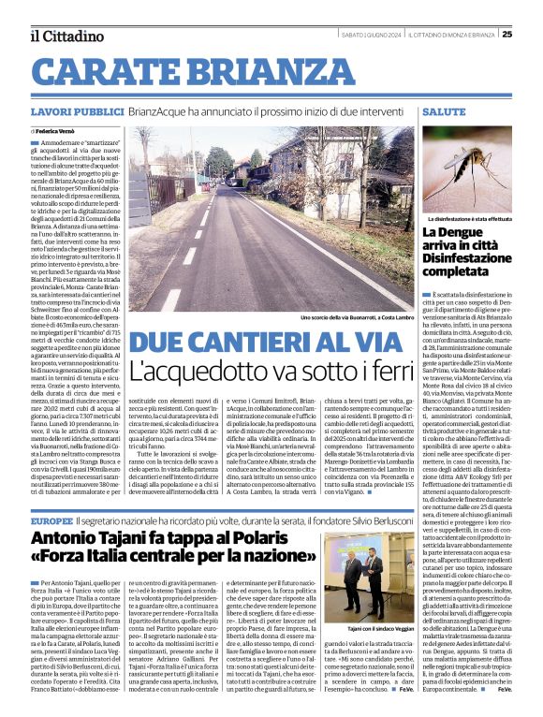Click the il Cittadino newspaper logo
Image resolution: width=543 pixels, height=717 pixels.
66,36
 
